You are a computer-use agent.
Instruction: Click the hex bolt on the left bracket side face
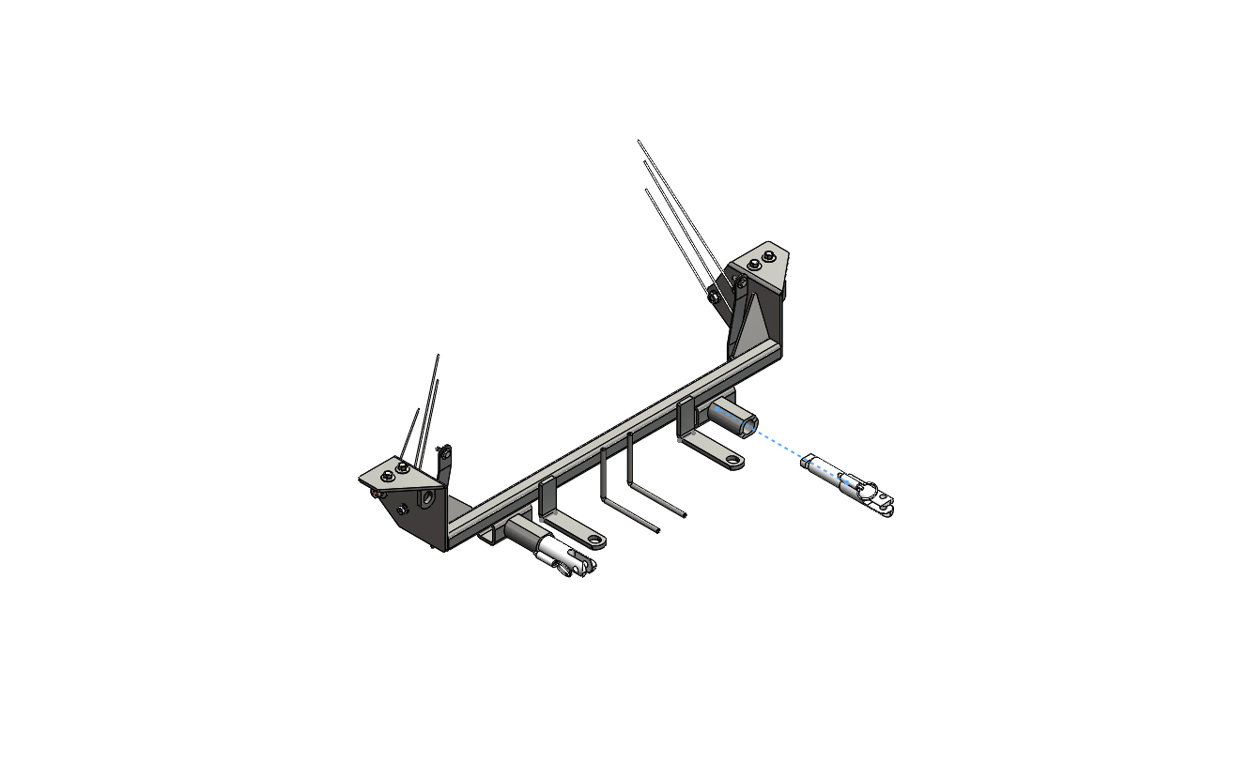pos(403,509)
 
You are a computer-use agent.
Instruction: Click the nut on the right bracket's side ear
pos(713,297)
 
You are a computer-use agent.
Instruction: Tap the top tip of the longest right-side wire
pos(639,142)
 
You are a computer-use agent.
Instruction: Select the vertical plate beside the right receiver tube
pos(684,417)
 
